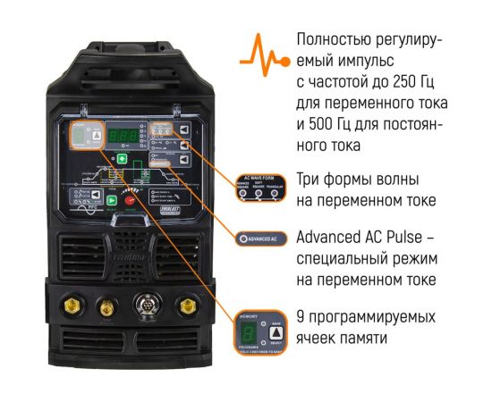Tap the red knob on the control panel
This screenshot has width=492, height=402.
point(128,203)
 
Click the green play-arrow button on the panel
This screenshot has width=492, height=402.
point(113,200)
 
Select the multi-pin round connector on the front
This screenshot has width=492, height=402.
point(145,305)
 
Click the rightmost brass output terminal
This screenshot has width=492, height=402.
point(188,306)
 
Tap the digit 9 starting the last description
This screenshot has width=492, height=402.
point(300,318)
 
